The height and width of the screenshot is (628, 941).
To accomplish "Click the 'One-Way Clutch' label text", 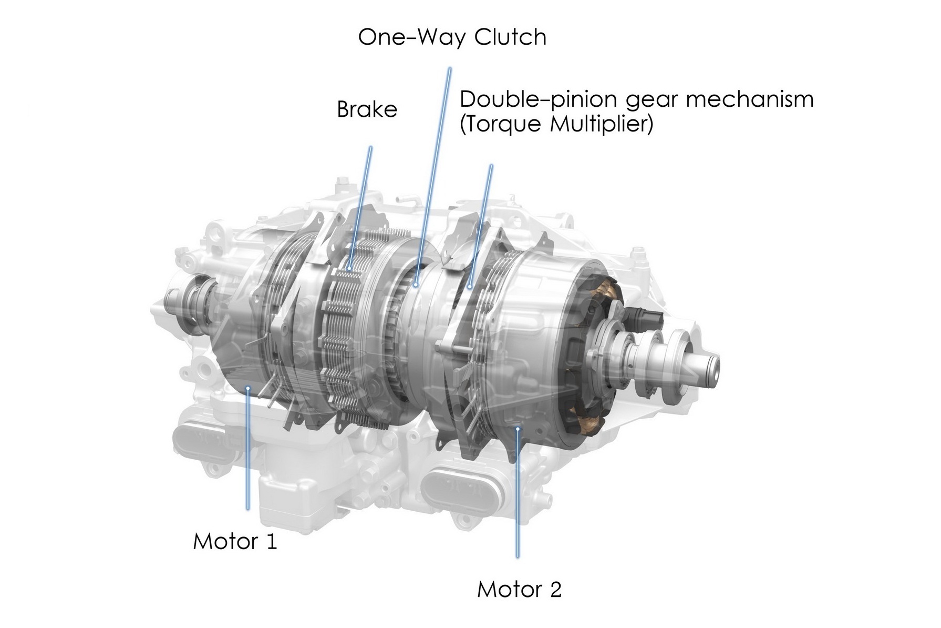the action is pos(452,37).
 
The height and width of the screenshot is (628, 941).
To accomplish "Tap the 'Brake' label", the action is pos(367,109).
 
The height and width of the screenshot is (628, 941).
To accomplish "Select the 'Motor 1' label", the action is pos(235,541).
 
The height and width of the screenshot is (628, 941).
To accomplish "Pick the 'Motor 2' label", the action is pos(520,589).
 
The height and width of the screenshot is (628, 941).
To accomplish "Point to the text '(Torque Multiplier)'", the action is pos(556,125).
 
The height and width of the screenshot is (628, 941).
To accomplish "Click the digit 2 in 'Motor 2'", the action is pos(556,589).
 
